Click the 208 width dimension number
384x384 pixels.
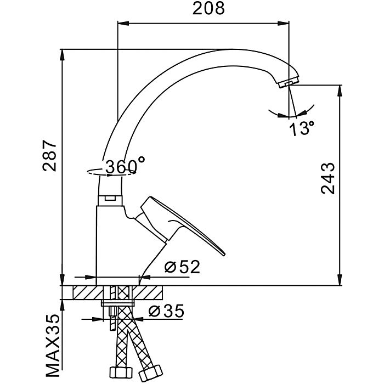(x=208, y=9)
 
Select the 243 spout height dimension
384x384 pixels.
(x=328, y=178)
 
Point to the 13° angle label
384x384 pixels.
(x=302, y=129)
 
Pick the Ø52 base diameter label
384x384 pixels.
(x=182, y=267)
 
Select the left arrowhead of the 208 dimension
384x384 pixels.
(x=122, y=22)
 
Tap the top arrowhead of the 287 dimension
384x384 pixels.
(x=63, y=53)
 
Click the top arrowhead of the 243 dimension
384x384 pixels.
(x=340, y=89)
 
